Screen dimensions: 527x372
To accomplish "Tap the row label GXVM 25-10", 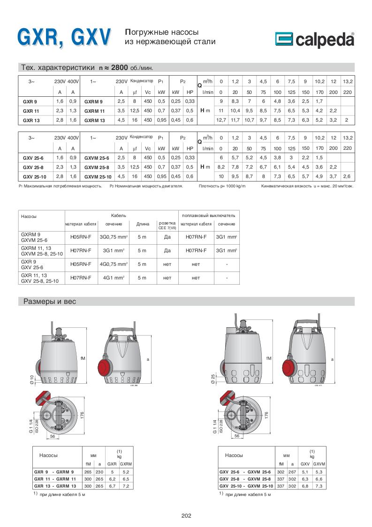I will click(98, 176).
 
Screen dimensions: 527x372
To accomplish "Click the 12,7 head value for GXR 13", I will click(221, 120).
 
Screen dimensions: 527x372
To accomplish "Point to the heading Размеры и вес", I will click(50, 302).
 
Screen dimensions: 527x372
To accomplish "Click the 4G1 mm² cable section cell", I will click(114, 278).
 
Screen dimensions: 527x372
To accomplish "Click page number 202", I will click(186, 516).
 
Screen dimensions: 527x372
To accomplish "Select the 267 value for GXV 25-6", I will click(292, 472).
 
